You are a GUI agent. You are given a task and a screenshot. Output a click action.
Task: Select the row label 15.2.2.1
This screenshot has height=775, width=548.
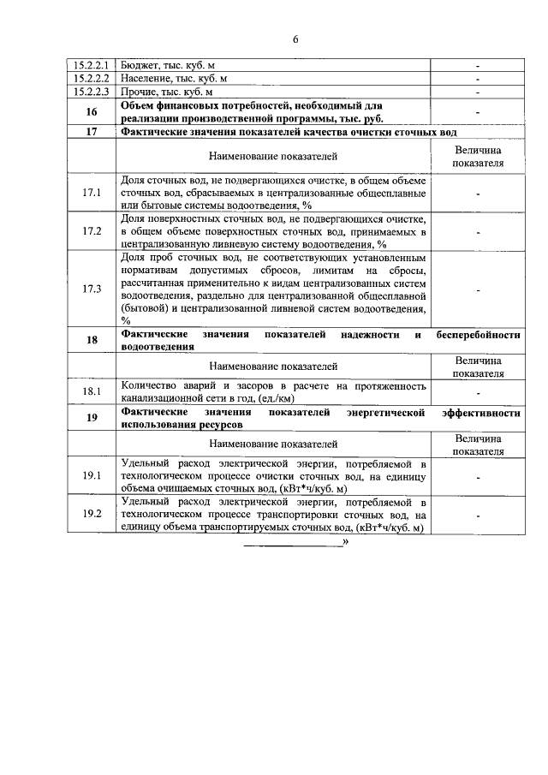point(92,65)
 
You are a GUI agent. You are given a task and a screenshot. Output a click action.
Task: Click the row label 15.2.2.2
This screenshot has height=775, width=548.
point(92,79)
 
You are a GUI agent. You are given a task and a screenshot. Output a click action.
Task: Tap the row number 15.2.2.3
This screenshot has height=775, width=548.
point(92,92)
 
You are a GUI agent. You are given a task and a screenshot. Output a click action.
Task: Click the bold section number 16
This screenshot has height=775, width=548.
point(92,112)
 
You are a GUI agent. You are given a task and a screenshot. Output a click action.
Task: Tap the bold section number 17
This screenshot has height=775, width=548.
point(92,133)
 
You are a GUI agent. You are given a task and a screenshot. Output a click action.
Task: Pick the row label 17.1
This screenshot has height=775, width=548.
point(92,194)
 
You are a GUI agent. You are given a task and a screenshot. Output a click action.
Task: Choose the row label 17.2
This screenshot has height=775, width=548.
point(92,231)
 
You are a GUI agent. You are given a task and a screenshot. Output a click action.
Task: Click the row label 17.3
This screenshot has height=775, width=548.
point(92,289)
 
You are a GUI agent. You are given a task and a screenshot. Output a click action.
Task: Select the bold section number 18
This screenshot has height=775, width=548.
point(92,341)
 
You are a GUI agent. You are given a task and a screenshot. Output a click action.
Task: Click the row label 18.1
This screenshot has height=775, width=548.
point(92,391)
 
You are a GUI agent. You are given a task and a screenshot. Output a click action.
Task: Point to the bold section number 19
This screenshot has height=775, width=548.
point(92,418)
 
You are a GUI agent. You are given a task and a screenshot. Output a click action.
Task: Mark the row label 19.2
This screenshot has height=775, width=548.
point(92,514)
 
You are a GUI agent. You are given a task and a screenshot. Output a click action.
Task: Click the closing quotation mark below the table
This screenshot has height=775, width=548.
point(345,542)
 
